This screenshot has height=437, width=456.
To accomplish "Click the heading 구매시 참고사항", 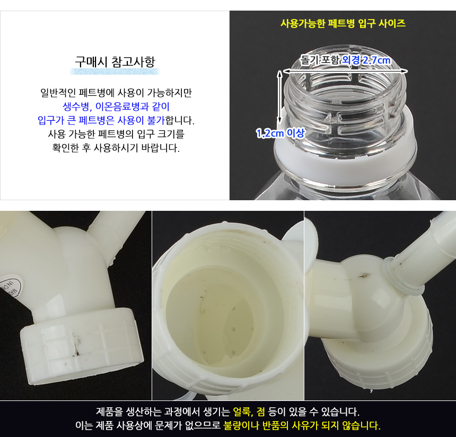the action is [115, 61].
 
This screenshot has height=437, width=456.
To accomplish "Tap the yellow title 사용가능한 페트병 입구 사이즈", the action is [343, 23].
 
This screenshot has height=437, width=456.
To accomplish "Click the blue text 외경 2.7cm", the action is [366, 60].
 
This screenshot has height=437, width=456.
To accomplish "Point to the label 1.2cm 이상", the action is [280, 133].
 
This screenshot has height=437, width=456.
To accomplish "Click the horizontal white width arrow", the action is [345, 71].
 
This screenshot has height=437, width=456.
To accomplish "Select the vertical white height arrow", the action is [279, 97].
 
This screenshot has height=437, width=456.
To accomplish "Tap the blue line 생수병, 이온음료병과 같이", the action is [116, 106].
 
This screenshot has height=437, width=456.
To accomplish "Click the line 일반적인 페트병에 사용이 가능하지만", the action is [116, 93].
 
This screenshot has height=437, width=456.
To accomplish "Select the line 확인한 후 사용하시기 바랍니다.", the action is [116, 148].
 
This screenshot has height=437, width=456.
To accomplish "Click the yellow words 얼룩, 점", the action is [249, 412].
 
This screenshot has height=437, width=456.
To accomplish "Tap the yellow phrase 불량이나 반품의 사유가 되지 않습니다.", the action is [302, 425].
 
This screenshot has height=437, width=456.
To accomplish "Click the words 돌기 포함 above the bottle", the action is [319, 60].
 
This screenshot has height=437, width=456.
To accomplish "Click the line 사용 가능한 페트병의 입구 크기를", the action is [116, 134].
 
